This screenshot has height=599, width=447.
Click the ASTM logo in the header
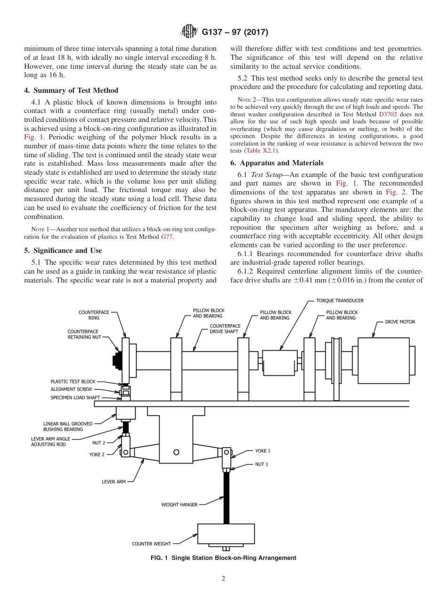tap(189, 32)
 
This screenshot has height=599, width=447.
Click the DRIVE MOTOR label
tap(400, 322)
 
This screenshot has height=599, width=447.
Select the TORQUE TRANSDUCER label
tap(340, 300)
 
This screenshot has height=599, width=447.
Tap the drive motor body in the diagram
tap(382, 361)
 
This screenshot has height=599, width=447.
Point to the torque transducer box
tap(279, 363)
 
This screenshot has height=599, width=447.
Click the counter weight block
tap(226, 534)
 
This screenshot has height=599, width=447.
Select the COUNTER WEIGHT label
tap(152, 544)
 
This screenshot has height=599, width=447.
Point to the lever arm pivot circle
tap(176, 452)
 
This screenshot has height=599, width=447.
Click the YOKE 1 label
tap(263, 451)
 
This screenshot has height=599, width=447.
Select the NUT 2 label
tap(99, 443)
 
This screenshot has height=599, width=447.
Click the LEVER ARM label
tap(114, 482)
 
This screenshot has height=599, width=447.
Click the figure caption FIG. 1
tap(223, 558)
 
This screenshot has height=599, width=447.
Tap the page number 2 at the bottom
tap(223, 579)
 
